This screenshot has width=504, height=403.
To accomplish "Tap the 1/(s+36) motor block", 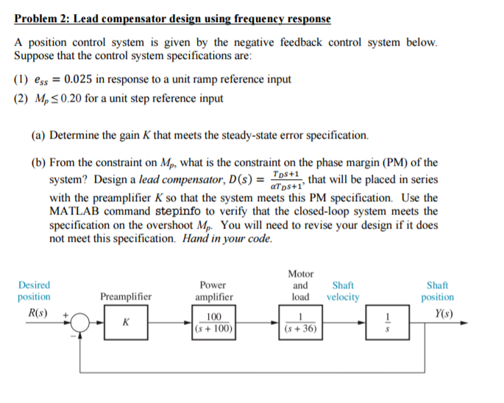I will point(300,323).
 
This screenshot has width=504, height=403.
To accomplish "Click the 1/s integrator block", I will point(388,323).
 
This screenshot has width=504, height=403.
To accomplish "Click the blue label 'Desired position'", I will point(34,291).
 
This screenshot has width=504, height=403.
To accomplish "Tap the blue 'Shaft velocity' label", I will point(343,291).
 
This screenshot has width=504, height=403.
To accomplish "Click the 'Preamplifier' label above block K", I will point(125,297).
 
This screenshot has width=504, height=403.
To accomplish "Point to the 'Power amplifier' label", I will point(213,291).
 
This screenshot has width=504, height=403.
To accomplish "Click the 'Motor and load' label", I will point(300,285).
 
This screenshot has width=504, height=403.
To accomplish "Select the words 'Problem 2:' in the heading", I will point(42,18).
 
